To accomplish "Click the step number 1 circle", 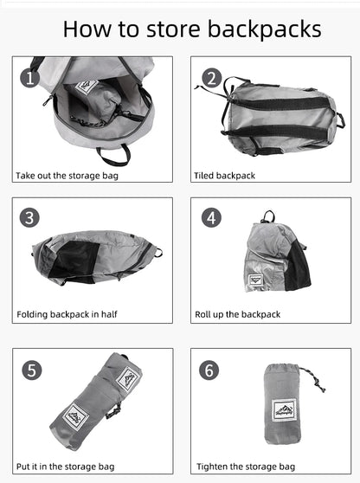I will pos(30,79).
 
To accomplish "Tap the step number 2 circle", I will pos(211,79).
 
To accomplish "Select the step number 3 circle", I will pos(30,218).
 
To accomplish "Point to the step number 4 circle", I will pos(211,218).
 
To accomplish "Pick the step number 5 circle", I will pos(32,370).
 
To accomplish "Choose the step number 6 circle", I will pos(209,370).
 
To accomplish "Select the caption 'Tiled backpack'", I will pos(224,176).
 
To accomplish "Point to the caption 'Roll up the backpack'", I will pos(238,314).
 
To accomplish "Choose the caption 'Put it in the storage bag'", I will pos(65,467).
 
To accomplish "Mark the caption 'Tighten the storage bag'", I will pos(245,467).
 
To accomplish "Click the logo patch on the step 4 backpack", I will pos(255,279).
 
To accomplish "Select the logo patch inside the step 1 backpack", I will pos(86,87).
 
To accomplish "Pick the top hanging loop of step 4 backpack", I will pos(270,216).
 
